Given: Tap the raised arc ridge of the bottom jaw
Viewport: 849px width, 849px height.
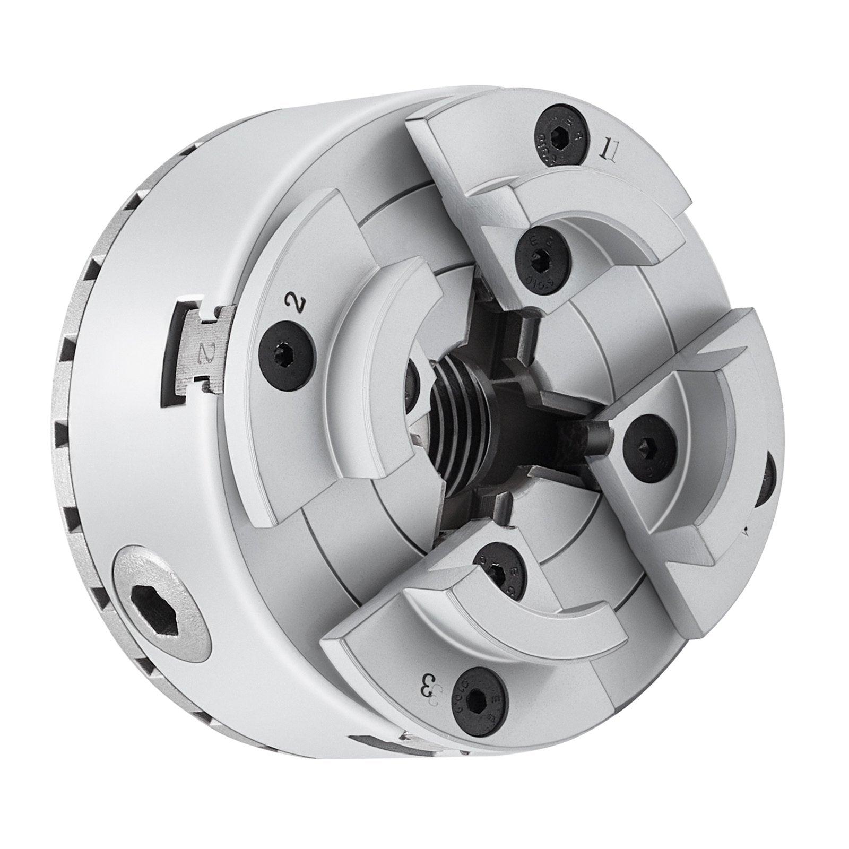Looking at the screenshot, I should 531,631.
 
